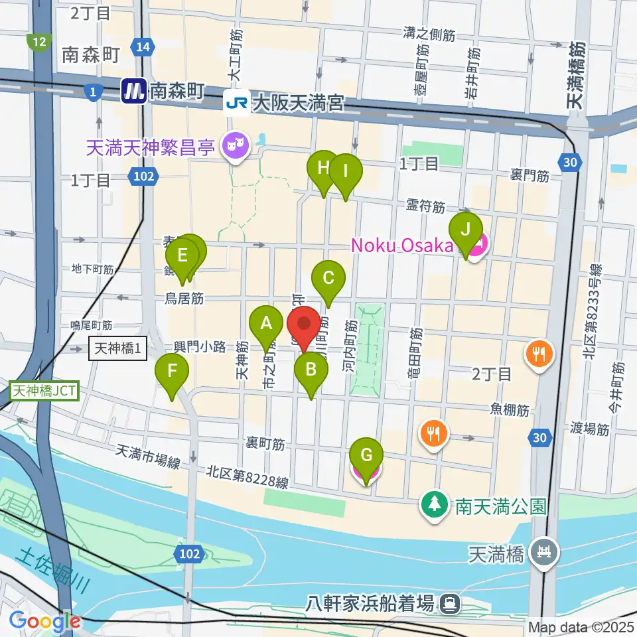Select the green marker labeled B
pyautogui.click(x=311, y=370)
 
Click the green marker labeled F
pyautogui.click(x=172, y=372)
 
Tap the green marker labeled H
pyautogui.click(x=324, y=168)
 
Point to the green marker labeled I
pyautogui.click(x=345, y=171)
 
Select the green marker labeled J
pyautogui.click(x=466, y=230)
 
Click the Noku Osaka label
pyautogui.click(x=402, y=246)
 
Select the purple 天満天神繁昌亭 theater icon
pyautogui.click(x=234, y=143)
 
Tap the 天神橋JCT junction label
pyautogui.click(x=45, y=391)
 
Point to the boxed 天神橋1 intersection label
pyautogui.click(x=117, y=348)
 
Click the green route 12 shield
pyautogui.click(x=40, y=42)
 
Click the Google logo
pyautogui.click(x=45, y=622)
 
